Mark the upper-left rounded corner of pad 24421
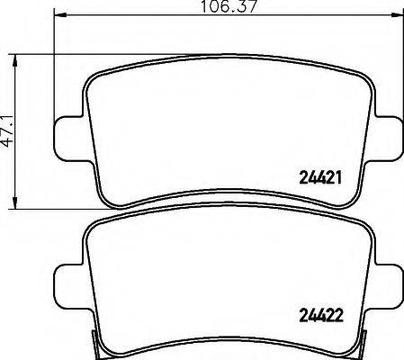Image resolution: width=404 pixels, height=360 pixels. pyautogui.click(x=95, y=78)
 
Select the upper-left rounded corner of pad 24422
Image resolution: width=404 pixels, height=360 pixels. pyautogui.click(x=95, y=227)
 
